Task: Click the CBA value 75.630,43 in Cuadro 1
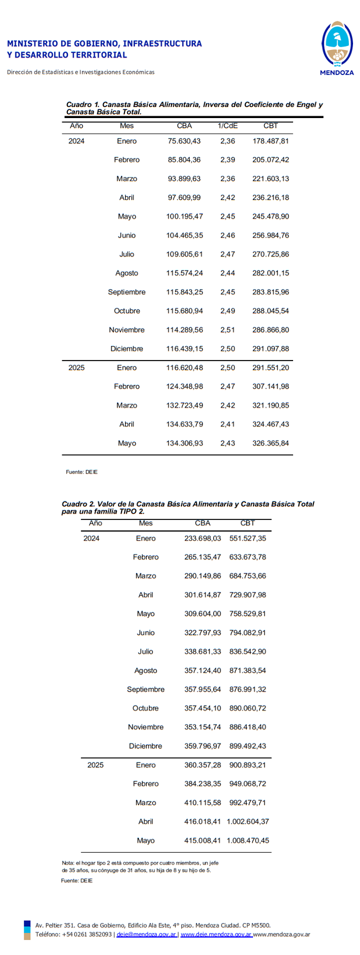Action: point(184,141)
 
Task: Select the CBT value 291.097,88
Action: point(270,349)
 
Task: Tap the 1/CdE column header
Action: point(227,126)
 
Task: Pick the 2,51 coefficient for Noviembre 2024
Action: point(227,330)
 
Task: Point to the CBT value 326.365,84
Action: point(270,443)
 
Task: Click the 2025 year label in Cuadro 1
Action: point(76,368)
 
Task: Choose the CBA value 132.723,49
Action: point(184,405)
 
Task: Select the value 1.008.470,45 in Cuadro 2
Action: point(248,840)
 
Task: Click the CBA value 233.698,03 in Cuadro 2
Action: point(202,539)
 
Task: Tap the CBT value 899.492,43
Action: point(248,746)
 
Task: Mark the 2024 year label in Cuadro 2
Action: point(91,539)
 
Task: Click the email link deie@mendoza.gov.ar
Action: point(147,935)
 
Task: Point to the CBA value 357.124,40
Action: point(202,671)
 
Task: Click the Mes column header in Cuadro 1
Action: point(127,126)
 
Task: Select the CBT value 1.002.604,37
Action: point(248,822)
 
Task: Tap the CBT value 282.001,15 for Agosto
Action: point(270,273)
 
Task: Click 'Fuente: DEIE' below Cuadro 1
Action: point(82,472)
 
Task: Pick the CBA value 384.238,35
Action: point(202,784)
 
